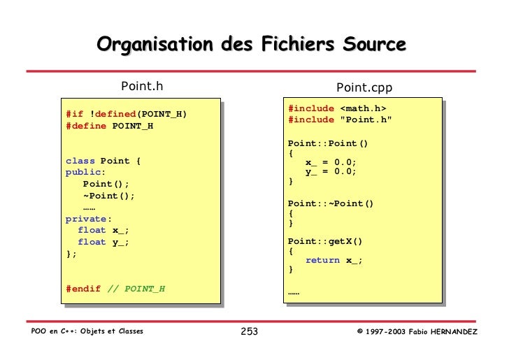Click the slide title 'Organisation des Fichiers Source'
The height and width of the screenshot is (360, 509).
tap(251, 45)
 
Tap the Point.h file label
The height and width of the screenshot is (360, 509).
tap(142, 86)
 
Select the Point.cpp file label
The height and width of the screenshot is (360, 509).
tap(364, 87)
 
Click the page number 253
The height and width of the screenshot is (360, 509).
tap(250, 331)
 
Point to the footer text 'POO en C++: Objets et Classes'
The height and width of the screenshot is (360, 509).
tap(87, 331)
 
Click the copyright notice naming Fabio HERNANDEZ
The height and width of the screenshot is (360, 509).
tap(417, 331)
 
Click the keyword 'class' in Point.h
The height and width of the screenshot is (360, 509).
tap(80, 161)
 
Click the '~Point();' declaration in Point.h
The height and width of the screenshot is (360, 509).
tap(108, 196)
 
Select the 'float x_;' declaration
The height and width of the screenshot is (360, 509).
tap(103, 231)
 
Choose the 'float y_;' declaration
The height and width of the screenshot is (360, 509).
tap(103, 243)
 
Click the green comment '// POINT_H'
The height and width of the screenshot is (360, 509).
tap(136, 289)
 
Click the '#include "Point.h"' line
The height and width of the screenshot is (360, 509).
tap(340, 120)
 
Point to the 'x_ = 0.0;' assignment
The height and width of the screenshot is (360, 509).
tap(331, 161)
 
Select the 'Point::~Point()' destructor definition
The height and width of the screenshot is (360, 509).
tap(331, 203)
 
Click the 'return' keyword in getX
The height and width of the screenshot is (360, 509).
tap(322, 260)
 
